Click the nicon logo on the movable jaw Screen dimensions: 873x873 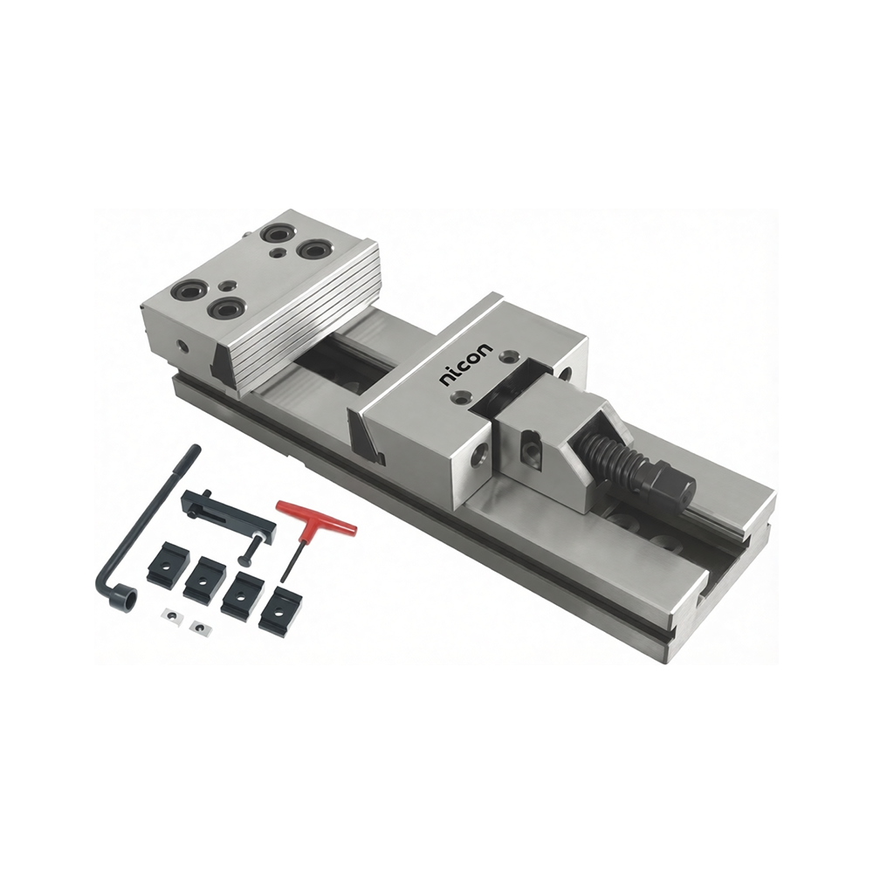coord(466,365)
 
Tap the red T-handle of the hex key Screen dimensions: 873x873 coord(316,519)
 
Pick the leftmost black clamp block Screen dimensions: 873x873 coord(165,563)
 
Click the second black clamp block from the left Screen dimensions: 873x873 coord(205,579)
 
